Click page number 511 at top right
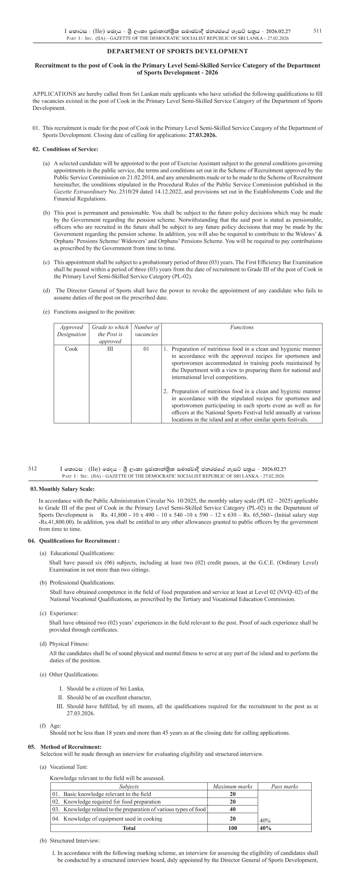(x=317, y=30)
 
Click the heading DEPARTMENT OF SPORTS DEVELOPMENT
(x=177, y=51)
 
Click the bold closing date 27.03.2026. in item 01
(x=202, y=135)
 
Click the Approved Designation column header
(x=71, y=331)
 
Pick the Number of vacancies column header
(x=146, y=331)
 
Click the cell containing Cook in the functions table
(x=71, y=349)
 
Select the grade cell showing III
(x=110, y=349)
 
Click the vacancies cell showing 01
(x=146, y=349)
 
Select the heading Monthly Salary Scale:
(x=66, y=489)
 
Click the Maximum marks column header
(x=232, y=786)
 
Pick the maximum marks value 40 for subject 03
(x=232, y=809)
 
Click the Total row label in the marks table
(x=129, y=828)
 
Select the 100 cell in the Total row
(x=232, y=828)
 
